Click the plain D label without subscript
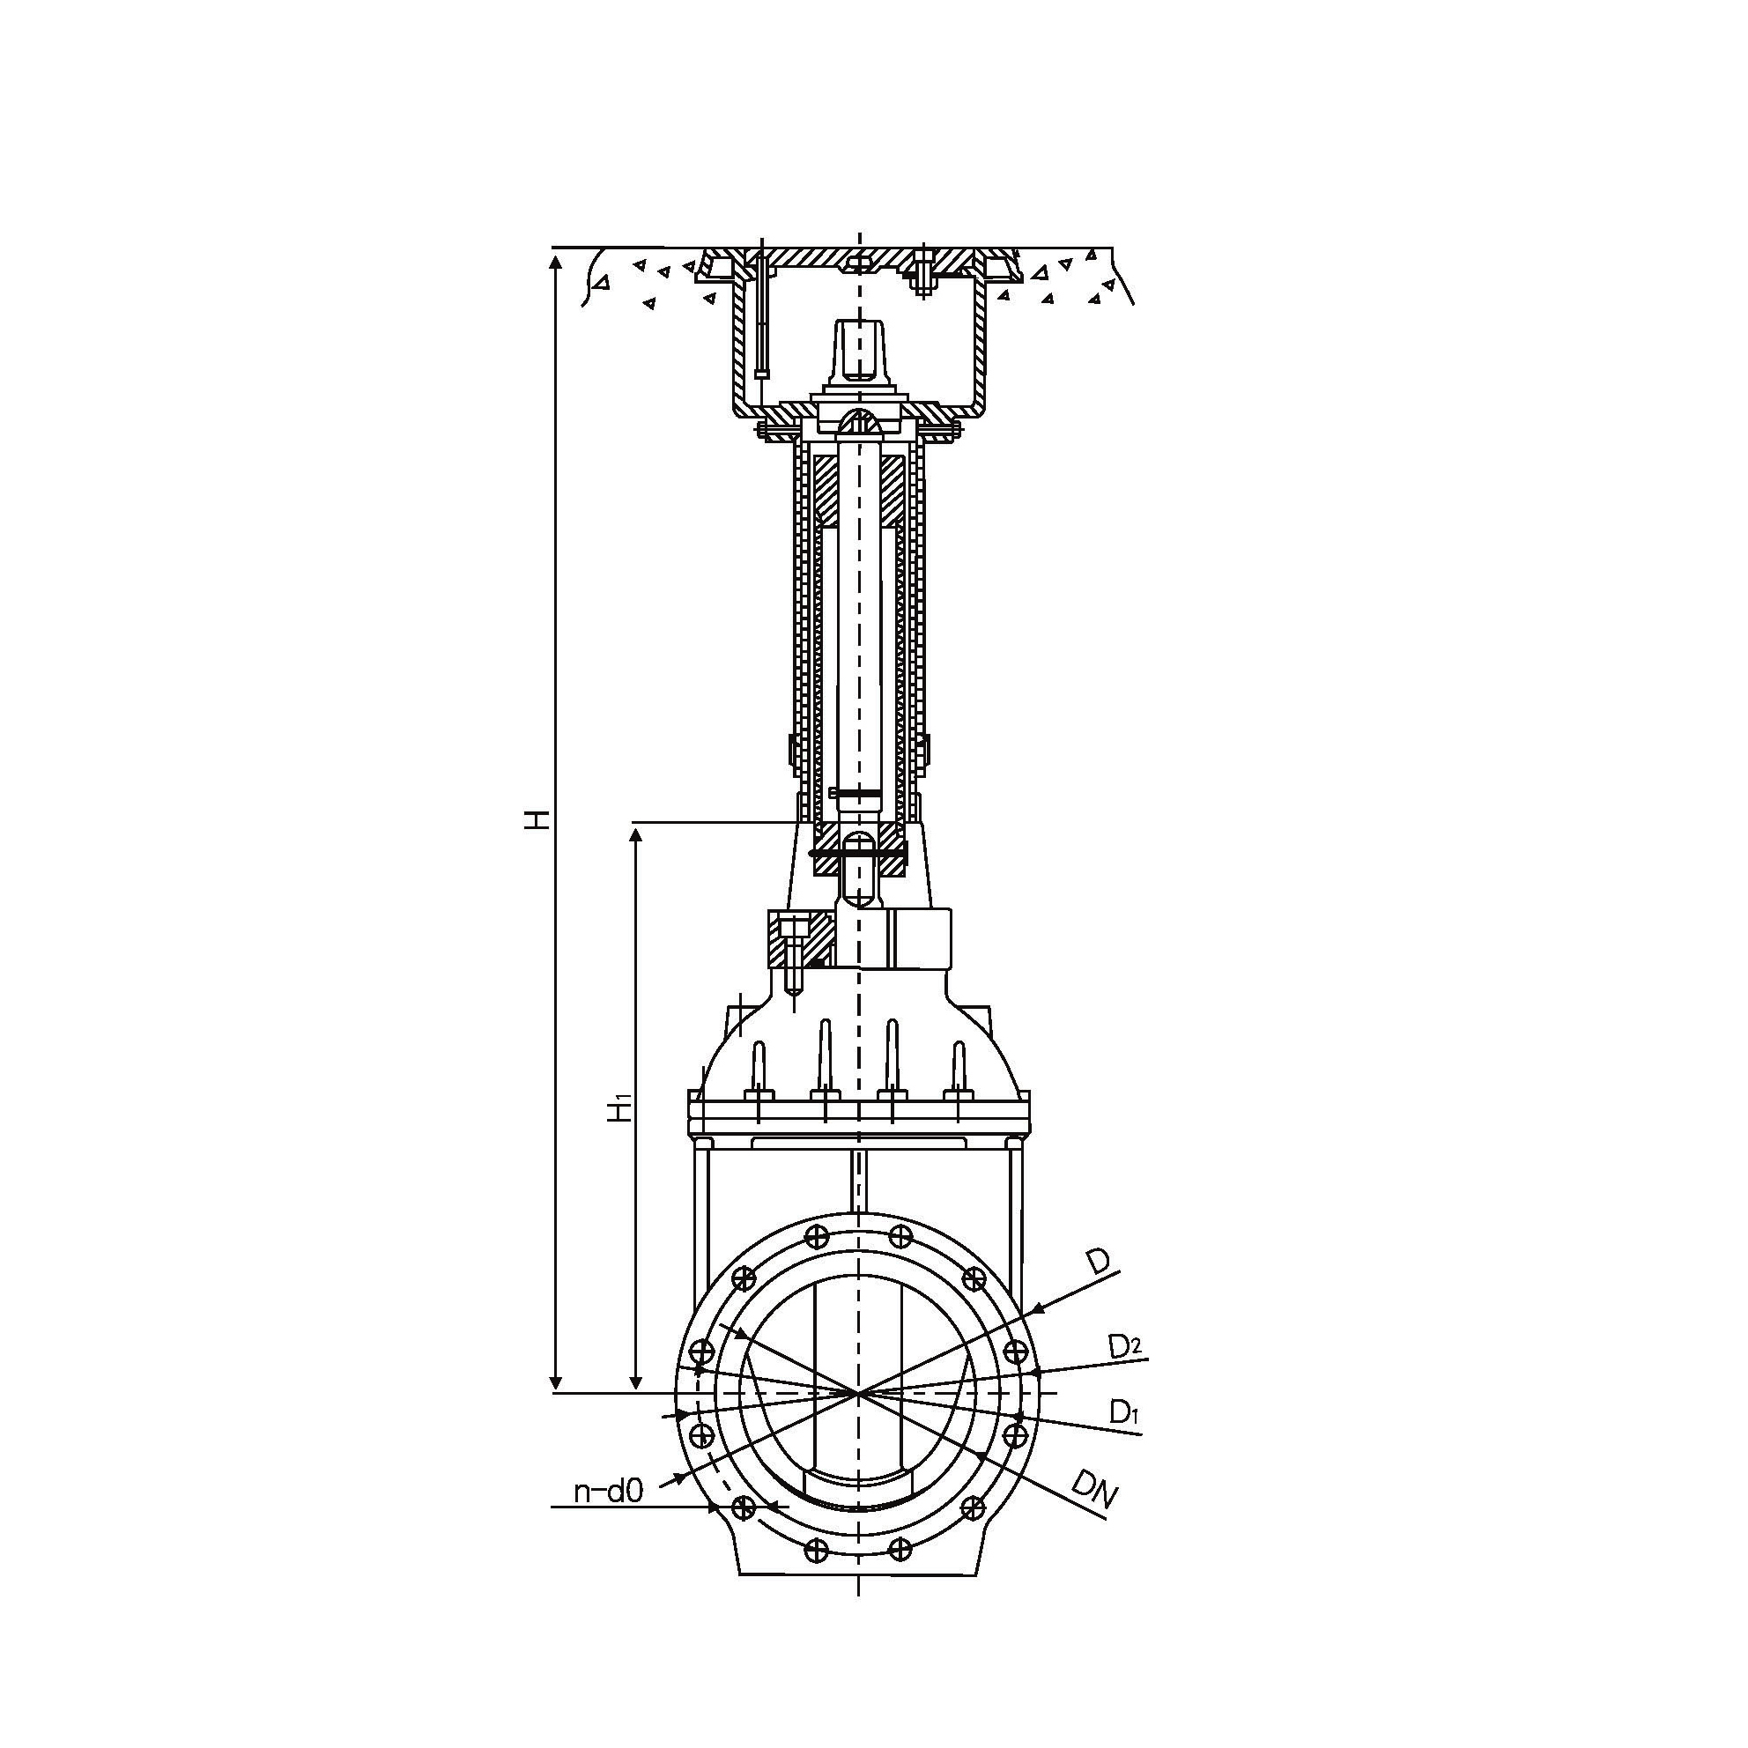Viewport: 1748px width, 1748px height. click(x=1098, y=1263)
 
